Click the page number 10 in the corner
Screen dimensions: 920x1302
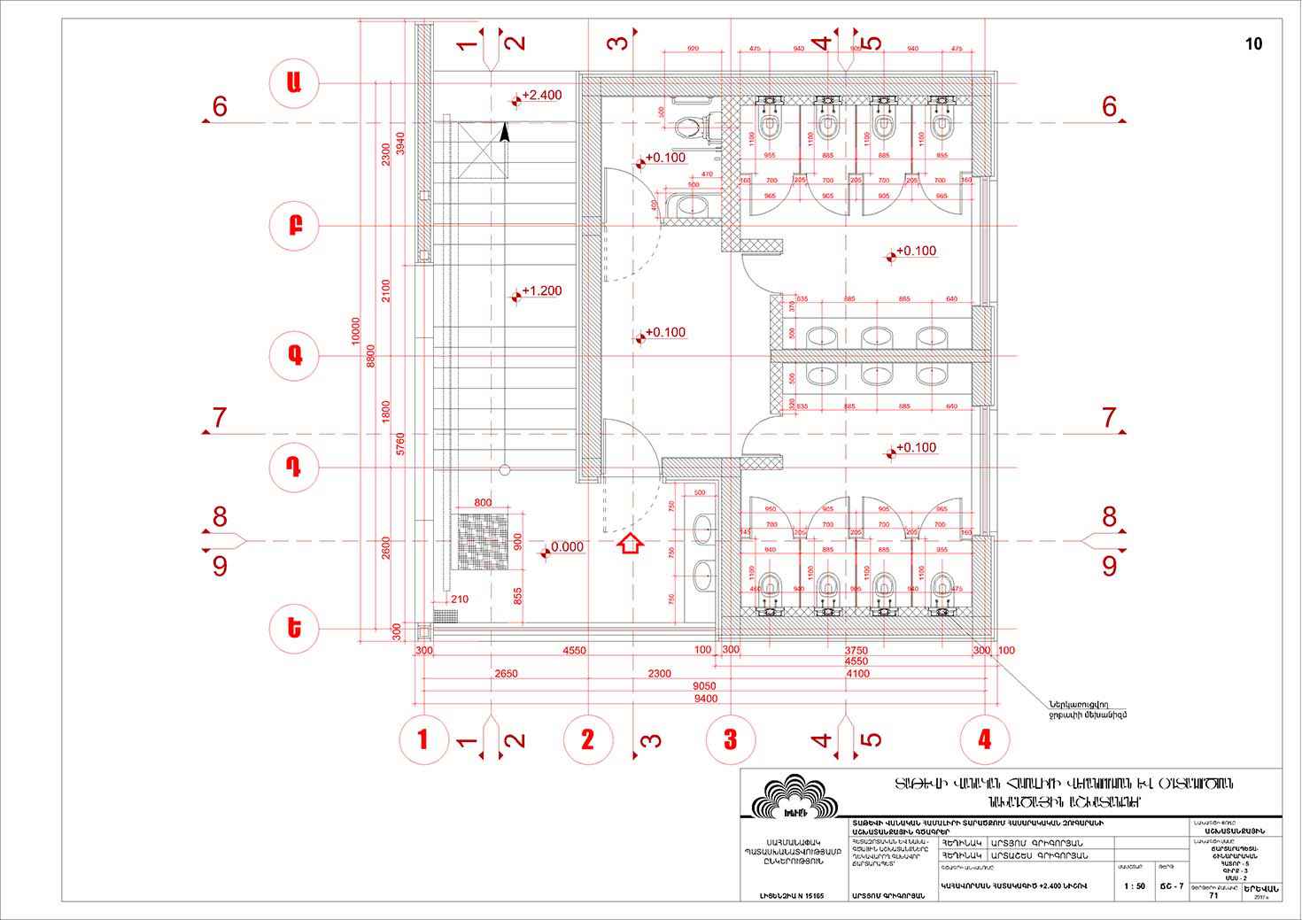point(1253,44)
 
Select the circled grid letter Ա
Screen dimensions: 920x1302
point(294,82)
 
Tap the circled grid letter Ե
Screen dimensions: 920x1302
point(294,628)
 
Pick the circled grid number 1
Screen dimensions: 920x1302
point(422,738)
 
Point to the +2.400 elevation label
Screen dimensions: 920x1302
point(540,95)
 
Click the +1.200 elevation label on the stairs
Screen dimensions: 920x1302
point(540,290)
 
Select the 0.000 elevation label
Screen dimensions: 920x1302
point(565,547)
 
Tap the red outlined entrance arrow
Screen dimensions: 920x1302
point(630,544)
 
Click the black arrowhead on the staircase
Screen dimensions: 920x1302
point(505,133)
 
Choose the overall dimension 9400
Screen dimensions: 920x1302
point(706,699)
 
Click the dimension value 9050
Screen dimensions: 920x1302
point(706,686)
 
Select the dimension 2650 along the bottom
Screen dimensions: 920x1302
point(506,674)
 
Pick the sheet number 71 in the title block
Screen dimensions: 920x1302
point(1213,895)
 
